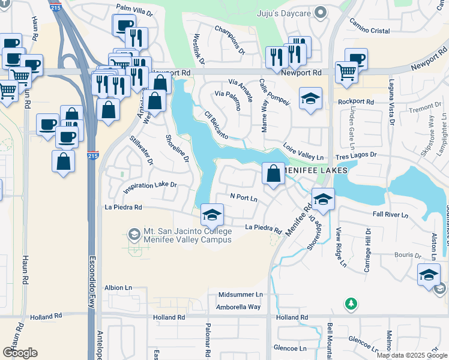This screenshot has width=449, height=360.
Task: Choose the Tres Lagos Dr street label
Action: (x=355, y=155)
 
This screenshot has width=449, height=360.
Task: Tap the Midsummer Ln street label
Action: (x=240, y=295)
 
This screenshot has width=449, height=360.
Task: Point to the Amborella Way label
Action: (x=239, y=307)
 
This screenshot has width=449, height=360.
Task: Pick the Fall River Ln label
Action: (x=390, y=214)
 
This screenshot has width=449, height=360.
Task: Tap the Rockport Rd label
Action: (x=355, y=102)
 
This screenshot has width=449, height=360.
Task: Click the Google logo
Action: (x=20, y=352)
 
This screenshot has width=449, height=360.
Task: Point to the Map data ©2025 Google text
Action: (x=411, y=355)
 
